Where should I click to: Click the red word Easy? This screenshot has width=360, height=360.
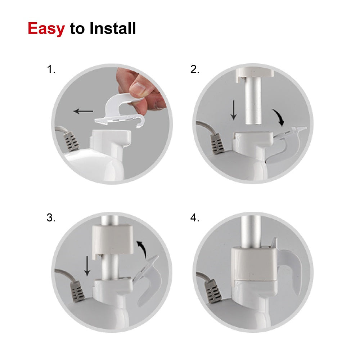pos(46,29)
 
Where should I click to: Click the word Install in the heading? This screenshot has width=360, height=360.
pos(112,28)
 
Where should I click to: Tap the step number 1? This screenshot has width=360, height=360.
pos(51,69)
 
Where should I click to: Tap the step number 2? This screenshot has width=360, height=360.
pos(195,69)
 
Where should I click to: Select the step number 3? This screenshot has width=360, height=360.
pos(51,217)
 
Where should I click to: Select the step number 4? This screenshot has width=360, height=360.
pos(195,217)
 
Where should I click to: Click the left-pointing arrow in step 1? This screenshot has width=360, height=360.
pos(83,111)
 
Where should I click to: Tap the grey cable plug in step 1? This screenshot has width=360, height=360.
pos(71,141)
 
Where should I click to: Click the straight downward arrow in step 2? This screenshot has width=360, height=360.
pos(234,110)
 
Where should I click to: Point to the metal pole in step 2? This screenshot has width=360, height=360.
pos(253,100)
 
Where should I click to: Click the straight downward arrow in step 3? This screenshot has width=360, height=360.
pos(87,266)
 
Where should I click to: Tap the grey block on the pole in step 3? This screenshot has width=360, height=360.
pos(113,240)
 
